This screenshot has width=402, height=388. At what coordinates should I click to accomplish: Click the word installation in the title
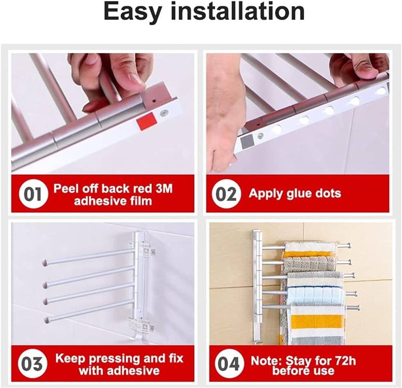(x=238, y=12)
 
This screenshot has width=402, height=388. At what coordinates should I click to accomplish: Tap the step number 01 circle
(x=33, y=194)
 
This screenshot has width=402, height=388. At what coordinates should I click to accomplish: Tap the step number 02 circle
(x=226, y=194)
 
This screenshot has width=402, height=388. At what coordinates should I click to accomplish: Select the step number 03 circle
(x=32, y=364)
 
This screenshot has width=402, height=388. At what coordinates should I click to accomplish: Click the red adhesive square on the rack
(x=146, y=121)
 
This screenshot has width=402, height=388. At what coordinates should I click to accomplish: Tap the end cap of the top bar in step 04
(x=349, y=246)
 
